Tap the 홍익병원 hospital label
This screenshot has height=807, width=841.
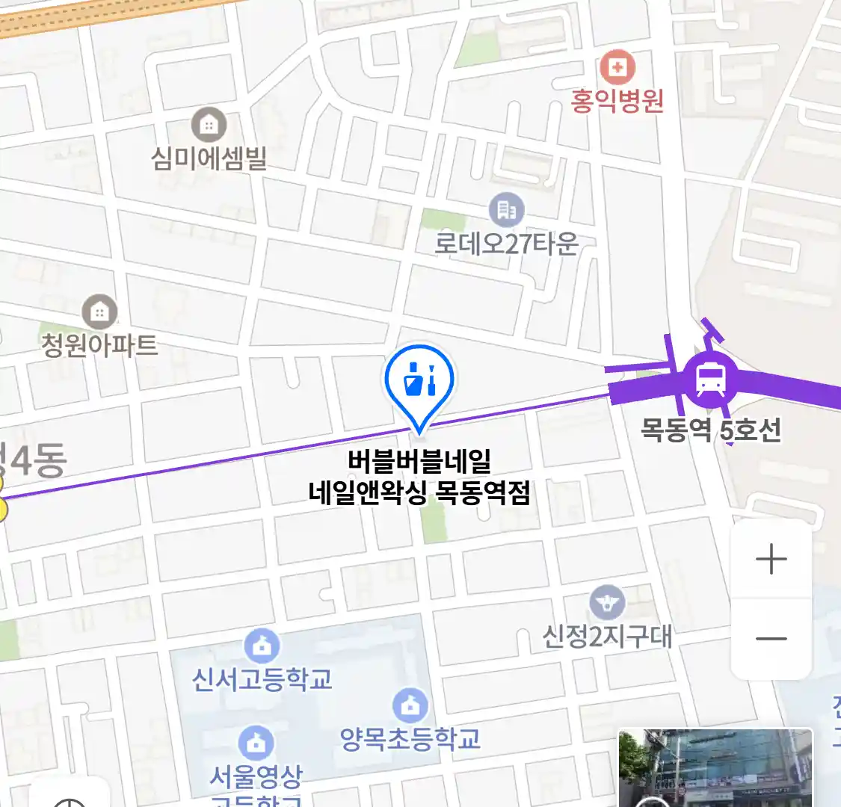tap(617, 101)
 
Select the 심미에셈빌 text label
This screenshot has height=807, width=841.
tap(209, 158)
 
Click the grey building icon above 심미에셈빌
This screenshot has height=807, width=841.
tap(209, 126)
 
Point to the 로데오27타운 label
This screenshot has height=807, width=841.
tap(507, 244)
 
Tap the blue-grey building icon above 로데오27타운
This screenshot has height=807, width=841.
tap(507, 211)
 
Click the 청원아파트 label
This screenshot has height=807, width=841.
tap(99, 344)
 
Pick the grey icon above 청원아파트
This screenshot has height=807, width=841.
tap(99, 312)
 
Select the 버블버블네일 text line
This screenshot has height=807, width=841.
tap(419, 462)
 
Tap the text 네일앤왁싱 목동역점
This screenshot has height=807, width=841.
tap(419, 492)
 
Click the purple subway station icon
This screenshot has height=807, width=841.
tap(710, 380)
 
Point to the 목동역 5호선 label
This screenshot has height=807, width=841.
tap(711, 430)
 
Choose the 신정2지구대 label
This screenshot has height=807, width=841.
tap(607, 637)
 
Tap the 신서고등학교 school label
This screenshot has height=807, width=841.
tap(262, 679)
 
